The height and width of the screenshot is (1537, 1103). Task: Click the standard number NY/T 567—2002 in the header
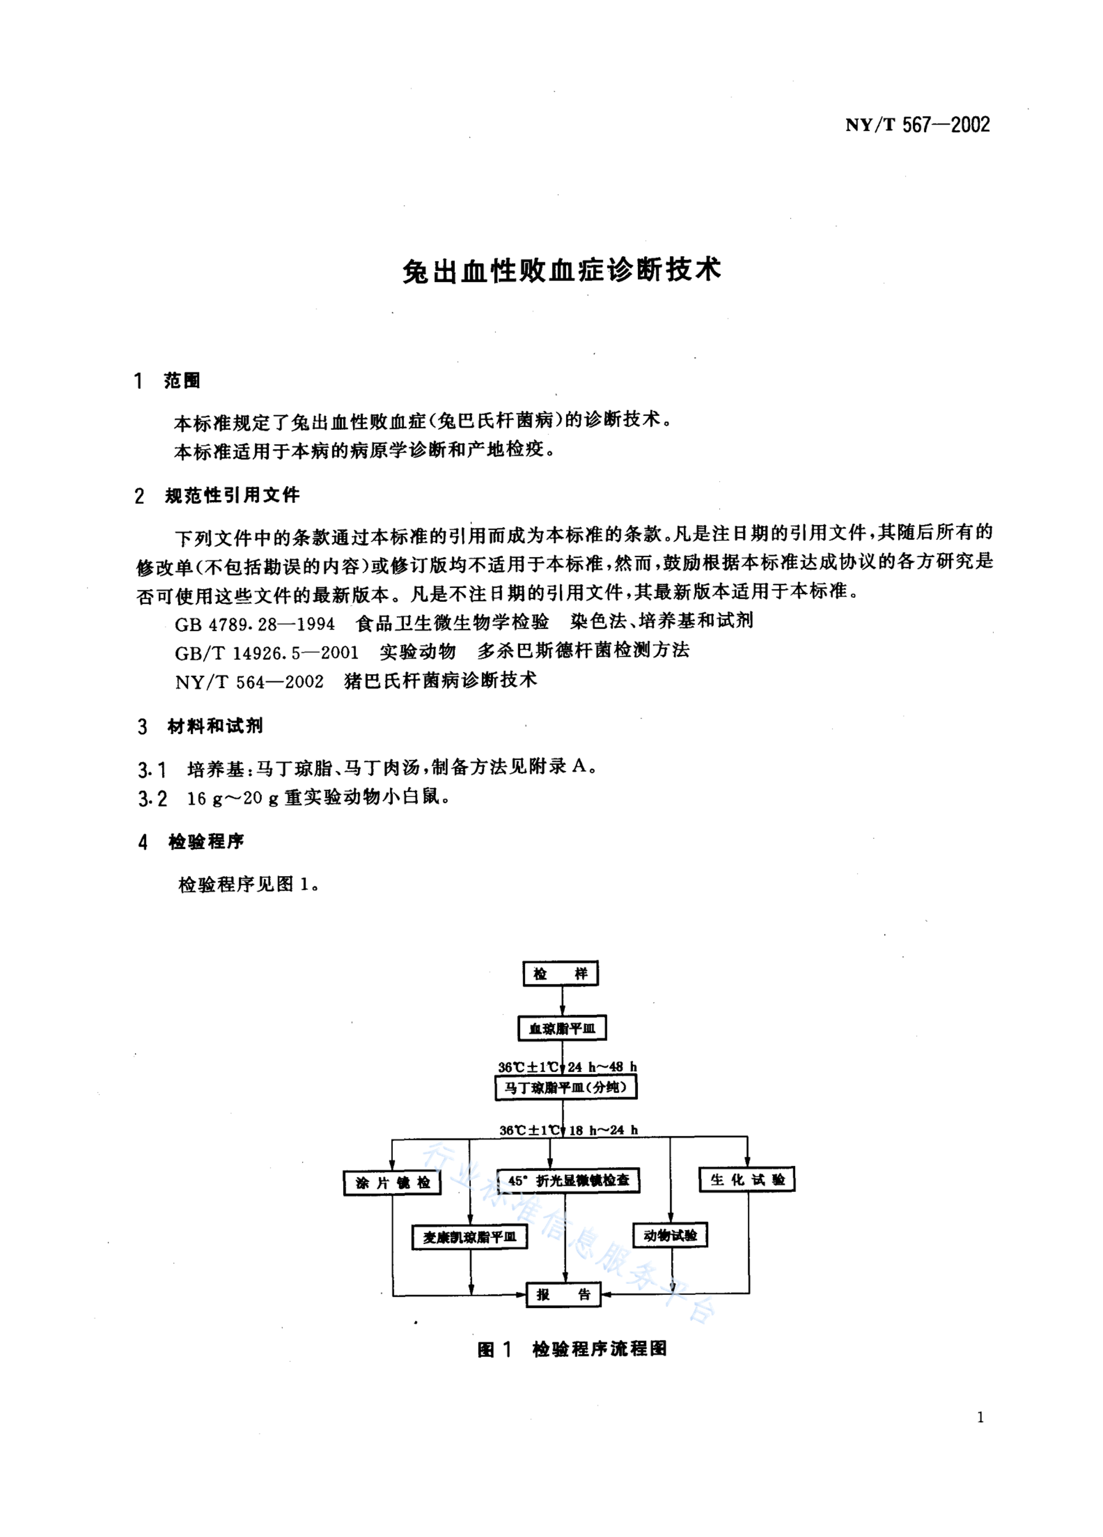click(917, 125)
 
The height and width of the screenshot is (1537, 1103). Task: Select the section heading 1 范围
click(167, 381)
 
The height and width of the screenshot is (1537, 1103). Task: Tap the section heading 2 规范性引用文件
click(217, 495)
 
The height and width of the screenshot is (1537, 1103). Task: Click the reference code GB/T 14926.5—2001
click(266, 652)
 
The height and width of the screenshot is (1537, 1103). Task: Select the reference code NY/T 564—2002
click(249, 682)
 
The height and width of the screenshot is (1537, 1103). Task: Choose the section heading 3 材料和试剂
click(200, 727)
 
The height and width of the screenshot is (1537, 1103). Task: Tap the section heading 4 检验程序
click(191, 842)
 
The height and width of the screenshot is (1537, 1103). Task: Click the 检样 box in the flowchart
click(560, 974)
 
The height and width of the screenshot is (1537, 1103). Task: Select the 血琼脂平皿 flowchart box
click(562, 1028)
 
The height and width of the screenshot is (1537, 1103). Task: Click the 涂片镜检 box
click(392, 1183)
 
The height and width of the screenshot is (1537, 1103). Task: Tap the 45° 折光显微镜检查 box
click(568, 1180)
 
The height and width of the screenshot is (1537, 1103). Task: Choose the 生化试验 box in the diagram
click(746, 1179)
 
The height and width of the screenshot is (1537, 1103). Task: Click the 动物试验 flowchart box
click(670, 1235)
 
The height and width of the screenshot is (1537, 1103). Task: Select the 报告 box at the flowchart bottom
click(563, 1295)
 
